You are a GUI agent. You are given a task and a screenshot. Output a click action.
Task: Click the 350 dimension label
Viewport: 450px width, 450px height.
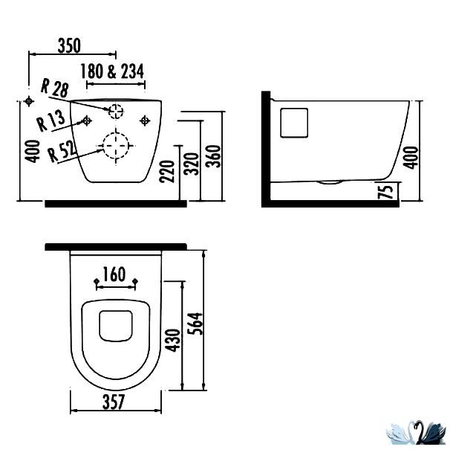[x=69, y=45]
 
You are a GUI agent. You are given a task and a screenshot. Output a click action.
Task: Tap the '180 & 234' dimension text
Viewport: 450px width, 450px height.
[x=112, y=71]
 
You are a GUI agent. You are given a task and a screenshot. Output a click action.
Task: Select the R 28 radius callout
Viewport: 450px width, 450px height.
[x=54, y=88]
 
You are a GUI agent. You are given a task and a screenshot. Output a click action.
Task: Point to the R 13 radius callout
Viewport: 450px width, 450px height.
[x=51, y=121]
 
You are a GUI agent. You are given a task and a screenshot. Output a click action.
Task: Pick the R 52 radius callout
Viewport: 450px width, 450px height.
[x=62, y=152]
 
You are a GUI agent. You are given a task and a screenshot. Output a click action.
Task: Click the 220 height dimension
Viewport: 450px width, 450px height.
[x=167, y=171]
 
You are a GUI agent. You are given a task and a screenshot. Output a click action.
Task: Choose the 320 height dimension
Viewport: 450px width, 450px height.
[x=192, y=164]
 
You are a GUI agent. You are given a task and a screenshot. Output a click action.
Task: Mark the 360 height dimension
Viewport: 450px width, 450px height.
[x=214, y=156]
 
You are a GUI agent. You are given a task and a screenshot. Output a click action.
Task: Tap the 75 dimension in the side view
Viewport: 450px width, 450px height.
[x=385, y=191]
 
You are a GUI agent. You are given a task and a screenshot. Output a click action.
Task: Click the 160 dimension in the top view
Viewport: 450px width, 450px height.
[x=114, y=274]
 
